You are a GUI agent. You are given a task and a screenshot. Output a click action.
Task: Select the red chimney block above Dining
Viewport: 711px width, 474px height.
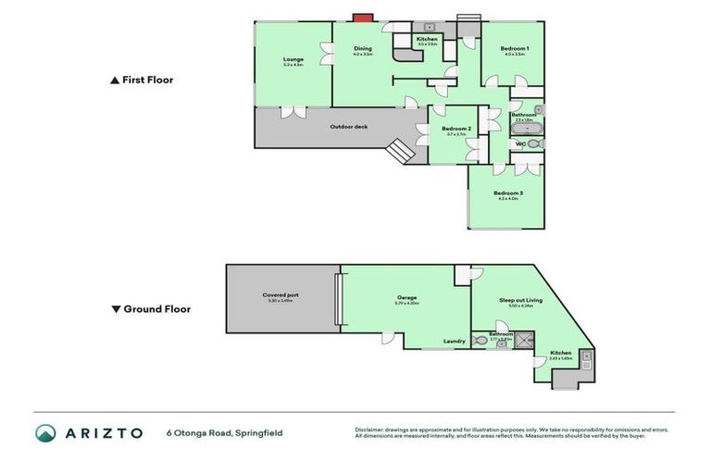coord(363,18)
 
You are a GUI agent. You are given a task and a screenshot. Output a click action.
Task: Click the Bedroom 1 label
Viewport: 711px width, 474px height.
coord(514,50)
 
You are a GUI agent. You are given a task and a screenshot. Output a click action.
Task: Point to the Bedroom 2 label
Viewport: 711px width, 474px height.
coord(456,131)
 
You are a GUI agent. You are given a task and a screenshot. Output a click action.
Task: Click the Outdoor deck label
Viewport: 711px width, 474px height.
coord(346,126)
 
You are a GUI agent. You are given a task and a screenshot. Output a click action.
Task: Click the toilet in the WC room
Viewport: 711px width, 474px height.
coord(533,143)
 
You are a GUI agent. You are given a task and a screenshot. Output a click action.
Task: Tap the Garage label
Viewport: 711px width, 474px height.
coord(406,300)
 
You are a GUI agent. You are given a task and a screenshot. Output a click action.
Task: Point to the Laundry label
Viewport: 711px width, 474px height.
coord(454,342)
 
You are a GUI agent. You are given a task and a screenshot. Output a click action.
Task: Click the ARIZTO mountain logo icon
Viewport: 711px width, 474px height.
coord(45,432)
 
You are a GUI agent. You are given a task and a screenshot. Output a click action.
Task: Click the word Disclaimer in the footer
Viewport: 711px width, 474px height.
coord(370,430)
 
